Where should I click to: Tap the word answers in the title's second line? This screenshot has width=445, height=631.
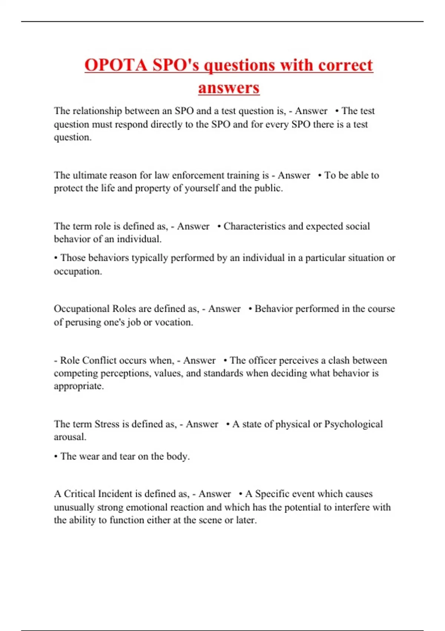[x=228, y=88]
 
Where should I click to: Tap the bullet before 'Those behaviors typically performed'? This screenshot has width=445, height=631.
[x=56, y=258]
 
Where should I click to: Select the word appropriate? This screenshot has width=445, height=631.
[x=79, y=386]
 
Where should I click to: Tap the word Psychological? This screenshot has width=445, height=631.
[x=353, y=424]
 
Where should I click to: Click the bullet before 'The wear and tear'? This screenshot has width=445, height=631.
[x=56, y=457]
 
